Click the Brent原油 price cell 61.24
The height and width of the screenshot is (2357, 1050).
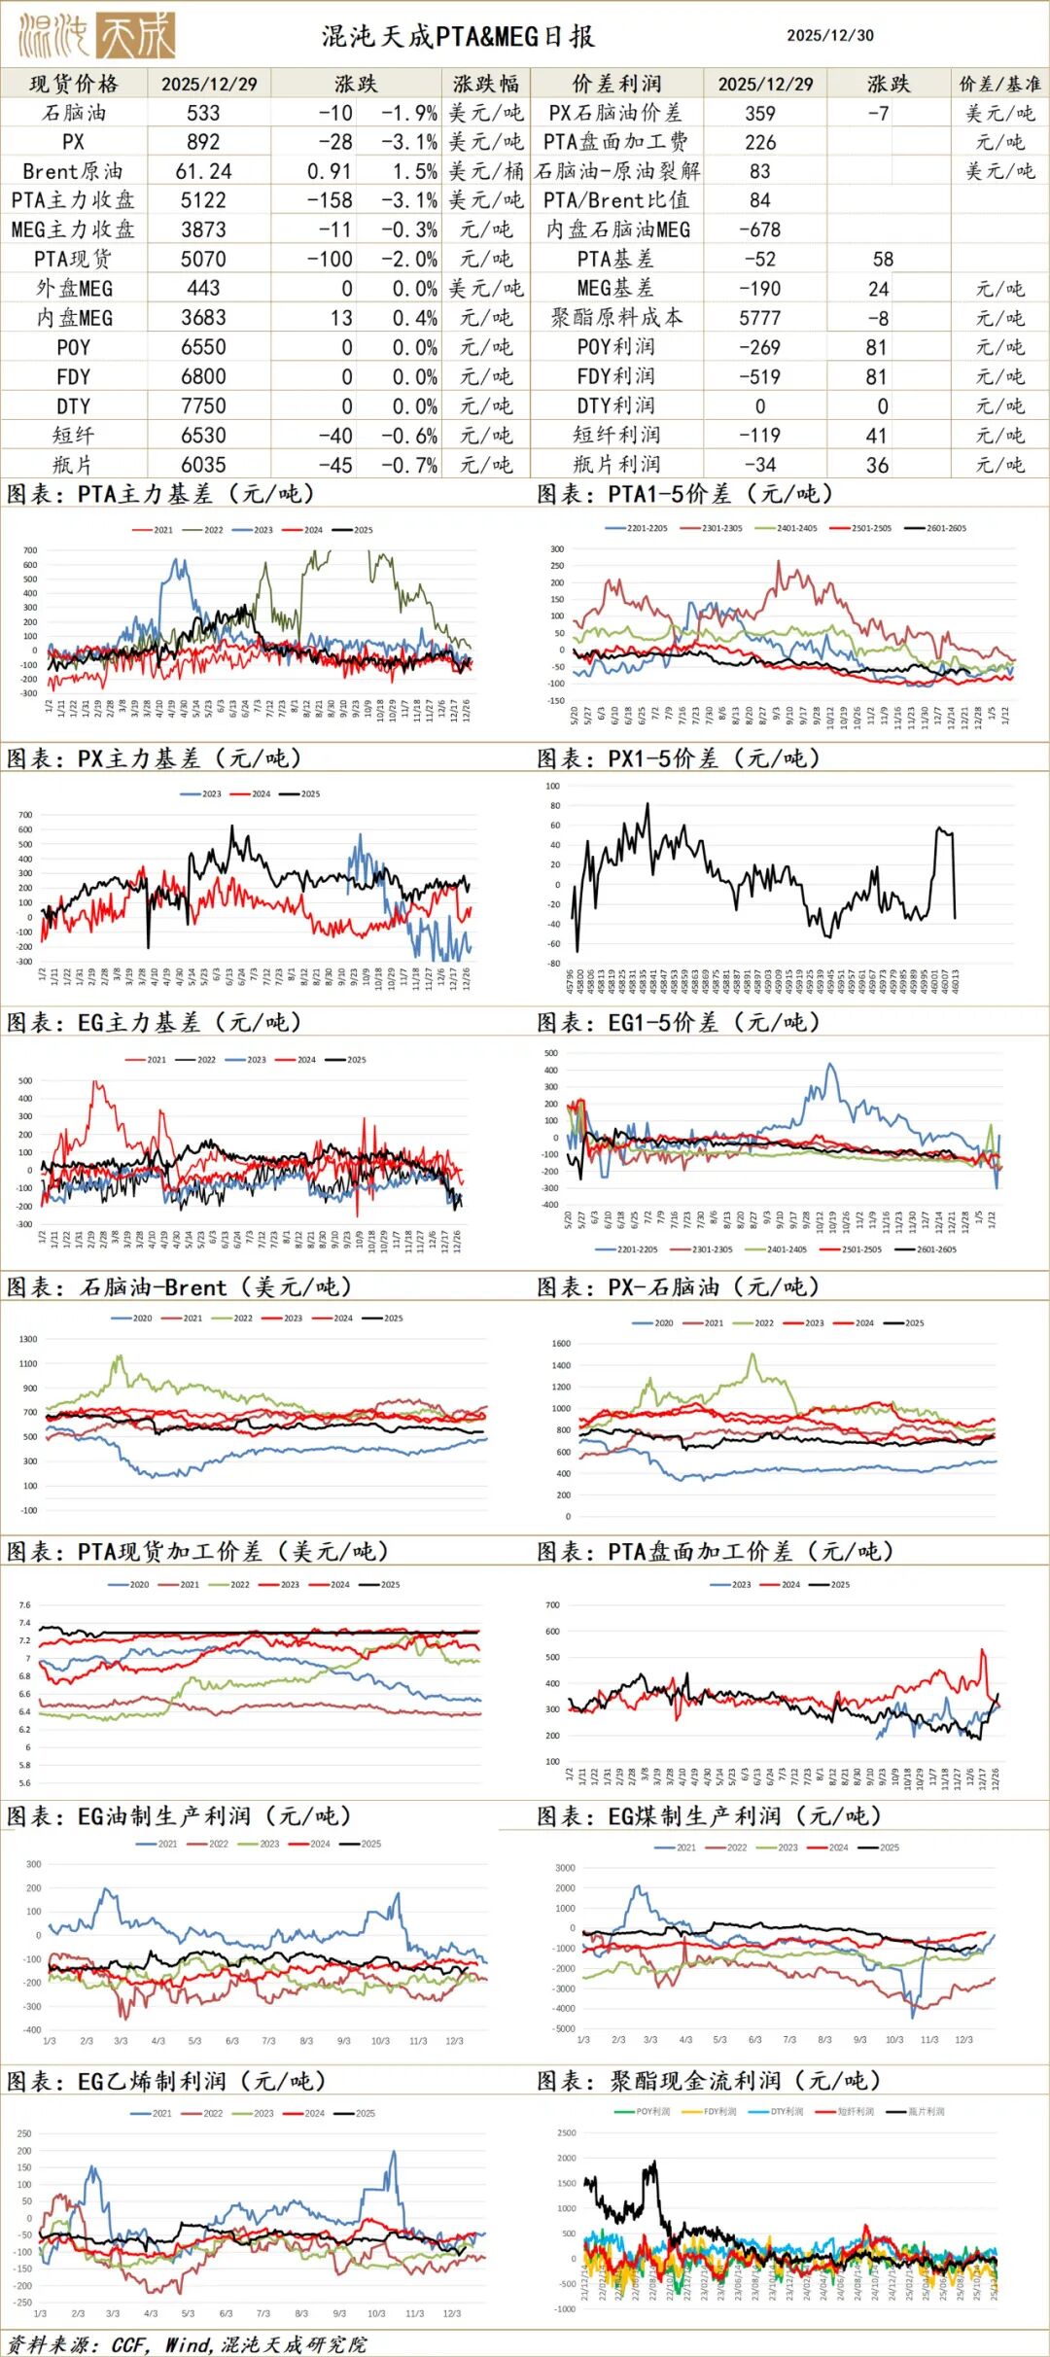tap(203, 171)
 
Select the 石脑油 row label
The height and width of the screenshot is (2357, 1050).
tap(74, 113)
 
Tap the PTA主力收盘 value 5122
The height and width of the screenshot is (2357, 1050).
tap(203, 200)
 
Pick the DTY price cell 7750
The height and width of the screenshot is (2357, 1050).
tap(203, 406)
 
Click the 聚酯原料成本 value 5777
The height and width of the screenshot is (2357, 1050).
tap(760, 318)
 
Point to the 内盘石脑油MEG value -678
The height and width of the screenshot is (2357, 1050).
tap(760, 229)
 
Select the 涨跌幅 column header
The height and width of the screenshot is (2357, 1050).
tap(485, 84)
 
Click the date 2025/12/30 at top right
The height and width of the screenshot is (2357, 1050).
tap(829, 36)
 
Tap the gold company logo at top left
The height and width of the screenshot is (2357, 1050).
tap(96, 36)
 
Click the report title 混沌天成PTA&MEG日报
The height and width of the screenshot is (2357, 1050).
tap(458, 37)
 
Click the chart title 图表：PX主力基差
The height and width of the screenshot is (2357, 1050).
tap(155, 758)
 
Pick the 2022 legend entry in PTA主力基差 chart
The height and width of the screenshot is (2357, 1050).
tap(208, 530)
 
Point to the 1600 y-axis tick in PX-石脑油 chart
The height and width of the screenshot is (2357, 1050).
tap(561, 1344)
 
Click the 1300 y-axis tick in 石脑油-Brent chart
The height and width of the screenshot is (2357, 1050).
tap(28, 1339)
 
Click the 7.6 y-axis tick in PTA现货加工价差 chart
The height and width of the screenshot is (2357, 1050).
tap(25, 1605)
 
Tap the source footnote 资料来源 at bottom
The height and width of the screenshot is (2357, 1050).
tap(187, 2344)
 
